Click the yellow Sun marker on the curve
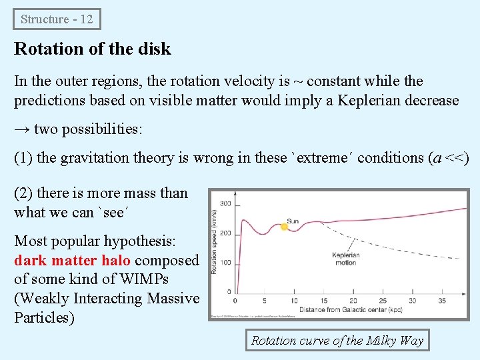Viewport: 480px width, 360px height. pos(284,227)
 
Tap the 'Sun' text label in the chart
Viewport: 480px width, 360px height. pos(293,221)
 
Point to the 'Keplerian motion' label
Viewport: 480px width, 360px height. pos(346,258)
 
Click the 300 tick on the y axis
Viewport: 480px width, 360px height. pos(225,203)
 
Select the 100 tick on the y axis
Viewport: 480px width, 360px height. pos(225,262)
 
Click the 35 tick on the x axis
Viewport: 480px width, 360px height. pos(441,301)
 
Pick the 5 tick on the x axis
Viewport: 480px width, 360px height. pos(265,301)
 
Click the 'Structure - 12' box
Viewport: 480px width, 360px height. pos(57,19)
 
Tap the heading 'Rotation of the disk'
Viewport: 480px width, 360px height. pos(93,49)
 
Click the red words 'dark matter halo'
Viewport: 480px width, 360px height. pos(72,260)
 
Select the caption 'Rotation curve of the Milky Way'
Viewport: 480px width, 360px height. pos(337,341)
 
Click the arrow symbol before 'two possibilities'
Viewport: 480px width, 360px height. pos(22,129)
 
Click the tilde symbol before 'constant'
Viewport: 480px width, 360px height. pos(298,81)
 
